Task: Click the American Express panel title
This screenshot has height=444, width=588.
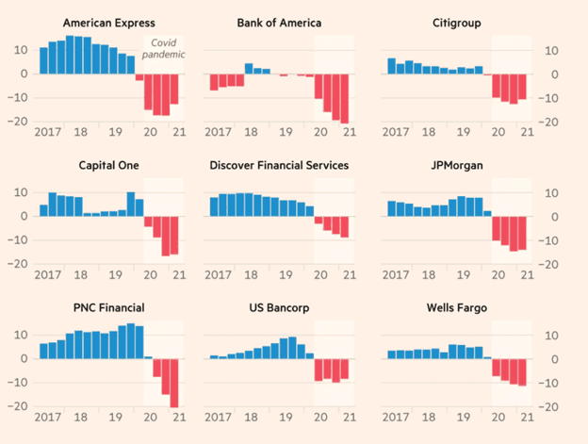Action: [x=108, y=23]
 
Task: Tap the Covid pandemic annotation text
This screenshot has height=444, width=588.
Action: [x=164, y=49]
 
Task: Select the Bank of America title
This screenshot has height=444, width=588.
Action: [x=279, y=23]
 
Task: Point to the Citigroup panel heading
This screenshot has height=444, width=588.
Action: [x=457, y=23]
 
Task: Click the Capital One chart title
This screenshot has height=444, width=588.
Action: [x=108, y=165]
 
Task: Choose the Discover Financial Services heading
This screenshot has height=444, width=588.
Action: [x=279, y=165]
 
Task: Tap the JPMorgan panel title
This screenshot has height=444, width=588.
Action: [x=457, y=165]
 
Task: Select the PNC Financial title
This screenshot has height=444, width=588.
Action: [x=108, y=308]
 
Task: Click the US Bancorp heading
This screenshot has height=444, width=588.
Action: [x=279, y=308]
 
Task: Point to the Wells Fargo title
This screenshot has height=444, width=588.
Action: [x=457, y=308]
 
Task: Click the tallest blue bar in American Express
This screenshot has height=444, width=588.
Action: [x=70, y=55]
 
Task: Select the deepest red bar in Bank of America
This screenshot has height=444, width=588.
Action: [x=344, y=99]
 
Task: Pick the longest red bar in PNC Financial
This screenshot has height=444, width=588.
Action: [x=174, y=383]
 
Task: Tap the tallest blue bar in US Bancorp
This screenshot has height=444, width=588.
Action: [x=292, y=348]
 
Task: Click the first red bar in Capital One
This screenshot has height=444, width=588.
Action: [x=148, y=222]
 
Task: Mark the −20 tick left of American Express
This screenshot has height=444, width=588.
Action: [x=18, y=122]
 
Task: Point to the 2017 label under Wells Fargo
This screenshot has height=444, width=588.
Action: [x=396, y=417]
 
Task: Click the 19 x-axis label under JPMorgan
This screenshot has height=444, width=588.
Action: [x=464, y=275]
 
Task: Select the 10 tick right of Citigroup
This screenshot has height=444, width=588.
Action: [x=551, y=51]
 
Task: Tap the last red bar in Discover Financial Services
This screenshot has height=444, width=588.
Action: [x=344, y=227]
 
